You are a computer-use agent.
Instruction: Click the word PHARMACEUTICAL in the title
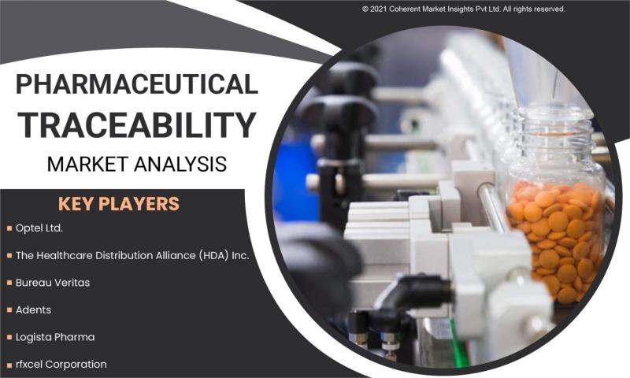pyautogui.click(x=136, y=84)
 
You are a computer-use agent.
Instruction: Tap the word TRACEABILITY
pyautogui.click(x=136, y=124)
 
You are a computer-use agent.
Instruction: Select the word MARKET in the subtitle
pyautogui.click(x=87, y=164)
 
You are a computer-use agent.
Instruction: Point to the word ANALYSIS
pyautogui.click(x=181, y=164)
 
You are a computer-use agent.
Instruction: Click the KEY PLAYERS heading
pyautogui.click(x=119, y=204)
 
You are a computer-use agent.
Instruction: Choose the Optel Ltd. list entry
pyautogui.click(x=39, y=228)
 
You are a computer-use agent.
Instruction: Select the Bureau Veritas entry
pyautogui.click(x=53, y=283)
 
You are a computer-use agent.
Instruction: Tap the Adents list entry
pyautogui.click(x=33, y=309)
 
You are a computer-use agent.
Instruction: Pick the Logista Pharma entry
pyautogui.click(x=55, y=337)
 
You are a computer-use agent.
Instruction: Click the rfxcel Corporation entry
pyautogui.click(x=61, y=365)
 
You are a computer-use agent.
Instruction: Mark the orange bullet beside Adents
pyautogui.click(x=9, y=310)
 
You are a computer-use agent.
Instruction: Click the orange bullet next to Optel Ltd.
pyautogui.click(x=9, y=228)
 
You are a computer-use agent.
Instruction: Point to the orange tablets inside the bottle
pyautogui.click(x=557, y=241)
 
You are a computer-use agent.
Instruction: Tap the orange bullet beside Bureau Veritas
pyautogui.click(x=9, y=283)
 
